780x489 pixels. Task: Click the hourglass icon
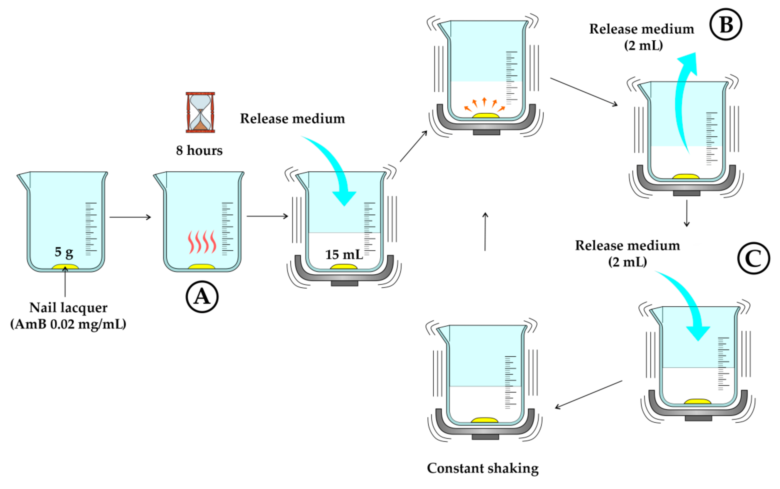pyautogui.click(x=200, y=112)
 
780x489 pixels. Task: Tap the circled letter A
pyautogui.click(x=202, y=297)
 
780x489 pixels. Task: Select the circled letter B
pyautogui.click(x=726, y=24)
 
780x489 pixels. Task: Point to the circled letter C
pyautogui.click(x=754, y=258)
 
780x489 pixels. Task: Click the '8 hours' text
pyautogui.click(x=199, y=150)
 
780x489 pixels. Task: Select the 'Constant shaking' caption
pyautogui.click(x=483, y=468)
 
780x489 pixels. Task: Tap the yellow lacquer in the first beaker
pyautogui.click(x=66, y=267)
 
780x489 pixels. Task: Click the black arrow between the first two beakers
pyautogui.click(x=130, y=217)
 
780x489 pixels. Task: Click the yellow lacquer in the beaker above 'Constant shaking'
pyautogui.click(x=484, y=420)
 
